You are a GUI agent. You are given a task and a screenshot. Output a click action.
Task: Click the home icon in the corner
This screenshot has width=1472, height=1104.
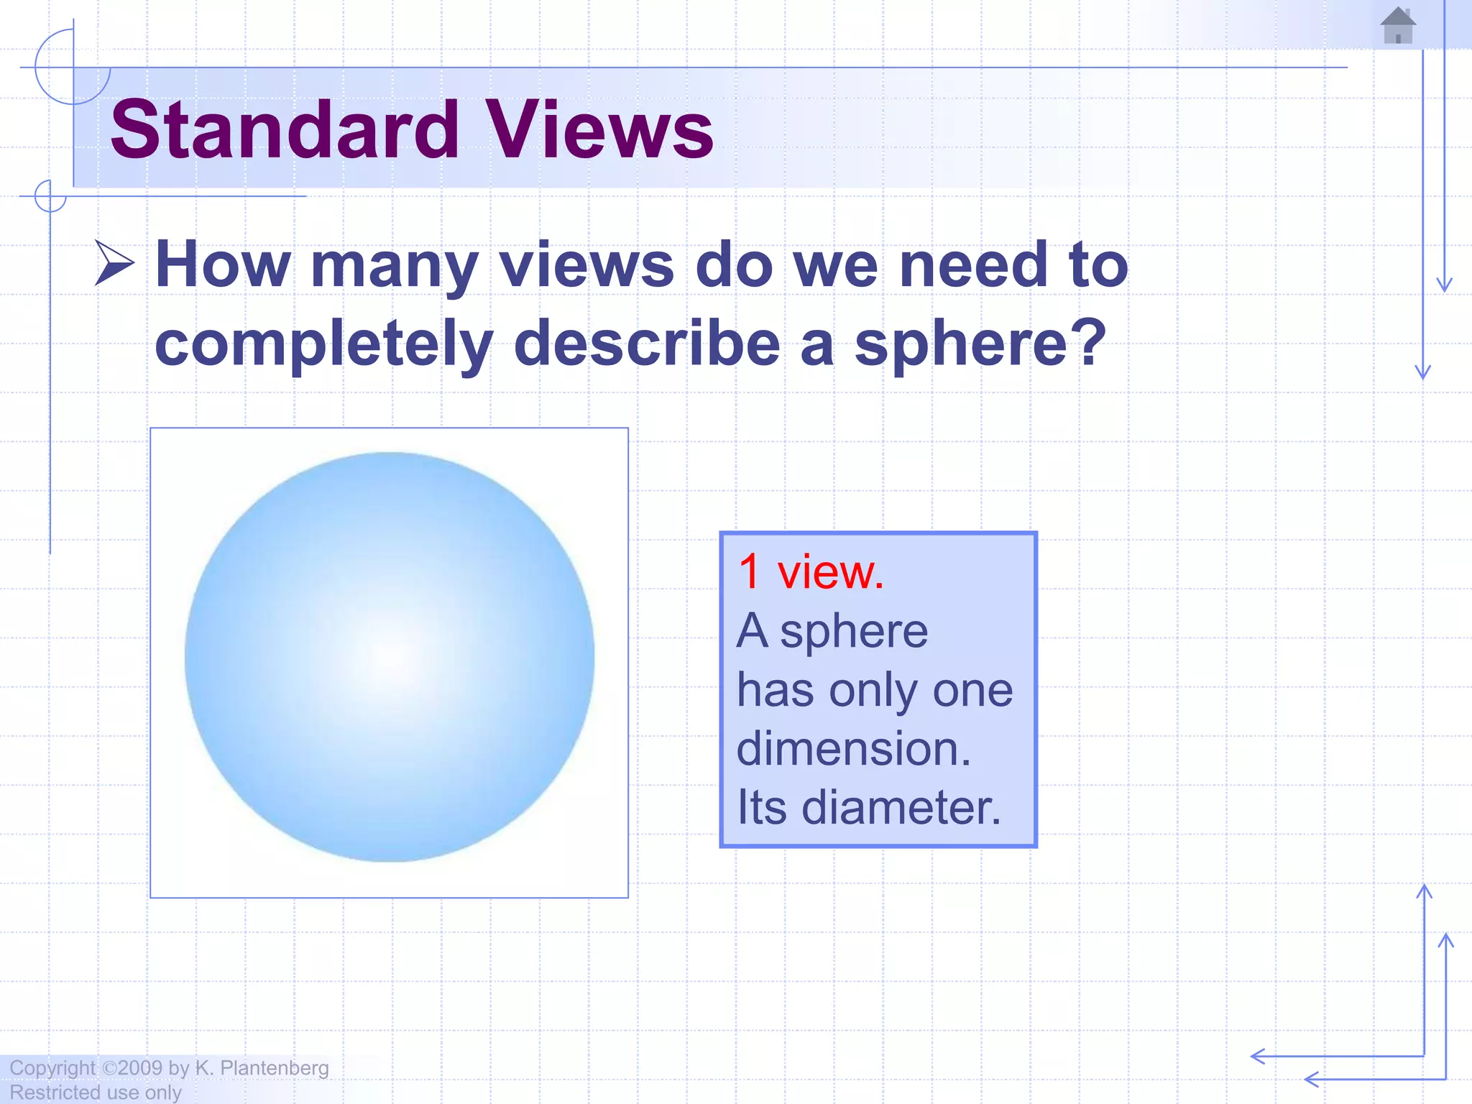[x=1398, y=26]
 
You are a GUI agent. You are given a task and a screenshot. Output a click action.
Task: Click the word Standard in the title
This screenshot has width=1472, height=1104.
[x=285, y=129]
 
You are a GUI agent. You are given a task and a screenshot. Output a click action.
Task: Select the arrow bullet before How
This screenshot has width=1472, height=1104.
[x=114, y=263]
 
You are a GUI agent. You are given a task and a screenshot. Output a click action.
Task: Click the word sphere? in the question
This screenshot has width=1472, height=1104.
[x=980, y=344]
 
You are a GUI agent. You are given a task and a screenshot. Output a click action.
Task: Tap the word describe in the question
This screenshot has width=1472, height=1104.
[x=646, y=344]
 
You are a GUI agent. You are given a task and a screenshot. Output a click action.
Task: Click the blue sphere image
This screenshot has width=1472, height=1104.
[x=389, y=656]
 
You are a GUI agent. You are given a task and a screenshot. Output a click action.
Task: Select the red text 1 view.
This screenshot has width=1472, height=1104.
[x=811, y=572]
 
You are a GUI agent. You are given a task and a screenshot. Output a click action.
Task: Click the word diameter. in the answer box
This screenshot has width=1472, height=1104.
[x=901, y=807]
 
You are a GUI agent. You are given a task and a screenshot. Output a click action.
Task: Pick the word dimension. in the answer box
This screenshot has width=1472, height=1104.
[x=853, y=748]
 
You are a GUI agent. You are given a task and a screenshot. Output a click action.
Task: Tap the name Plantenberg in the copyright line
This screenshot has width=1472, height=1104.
[x=274, y=1068]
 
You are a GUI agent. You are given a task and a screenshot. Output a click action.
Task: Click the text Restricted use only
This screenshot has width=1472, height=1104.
[x=95, y=1092]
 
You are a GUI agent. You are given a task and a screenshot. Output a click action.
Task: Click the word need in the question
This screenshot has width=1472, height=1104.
[x=973, y=264]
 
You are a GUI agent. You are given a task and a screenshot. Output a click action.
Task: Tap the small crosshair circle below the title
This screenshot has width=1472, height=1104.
[x=50, y=196]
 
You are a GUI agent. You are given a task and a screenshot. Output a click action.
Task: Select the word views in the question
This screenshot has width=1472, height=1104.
[x=586, y=264]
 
